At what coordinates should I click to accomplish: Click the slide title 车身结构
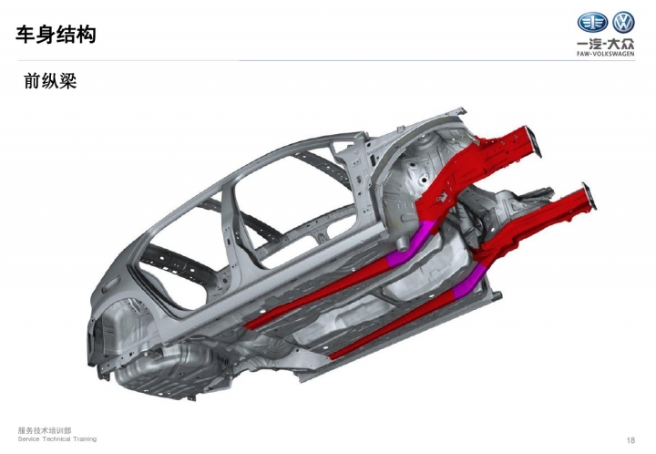coord(56,35)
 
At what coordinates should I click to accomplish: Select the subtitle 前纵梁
coord(50,81)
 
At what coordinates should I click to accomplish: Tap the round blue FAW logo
coord(592,22)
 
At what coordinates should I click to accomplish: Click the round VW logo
coord(623,22)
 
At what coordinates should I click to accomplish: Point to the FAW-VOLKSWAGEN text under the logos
coord(605,54)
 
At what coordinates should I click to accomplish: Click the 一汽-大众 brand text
coord(605,44)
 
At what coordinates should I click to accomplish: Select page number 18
coord(630,439)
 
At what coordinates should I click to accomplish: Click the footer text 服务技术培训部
coord(45,430)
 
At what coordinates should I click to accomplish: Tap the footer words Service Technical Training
coord(57,439)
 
